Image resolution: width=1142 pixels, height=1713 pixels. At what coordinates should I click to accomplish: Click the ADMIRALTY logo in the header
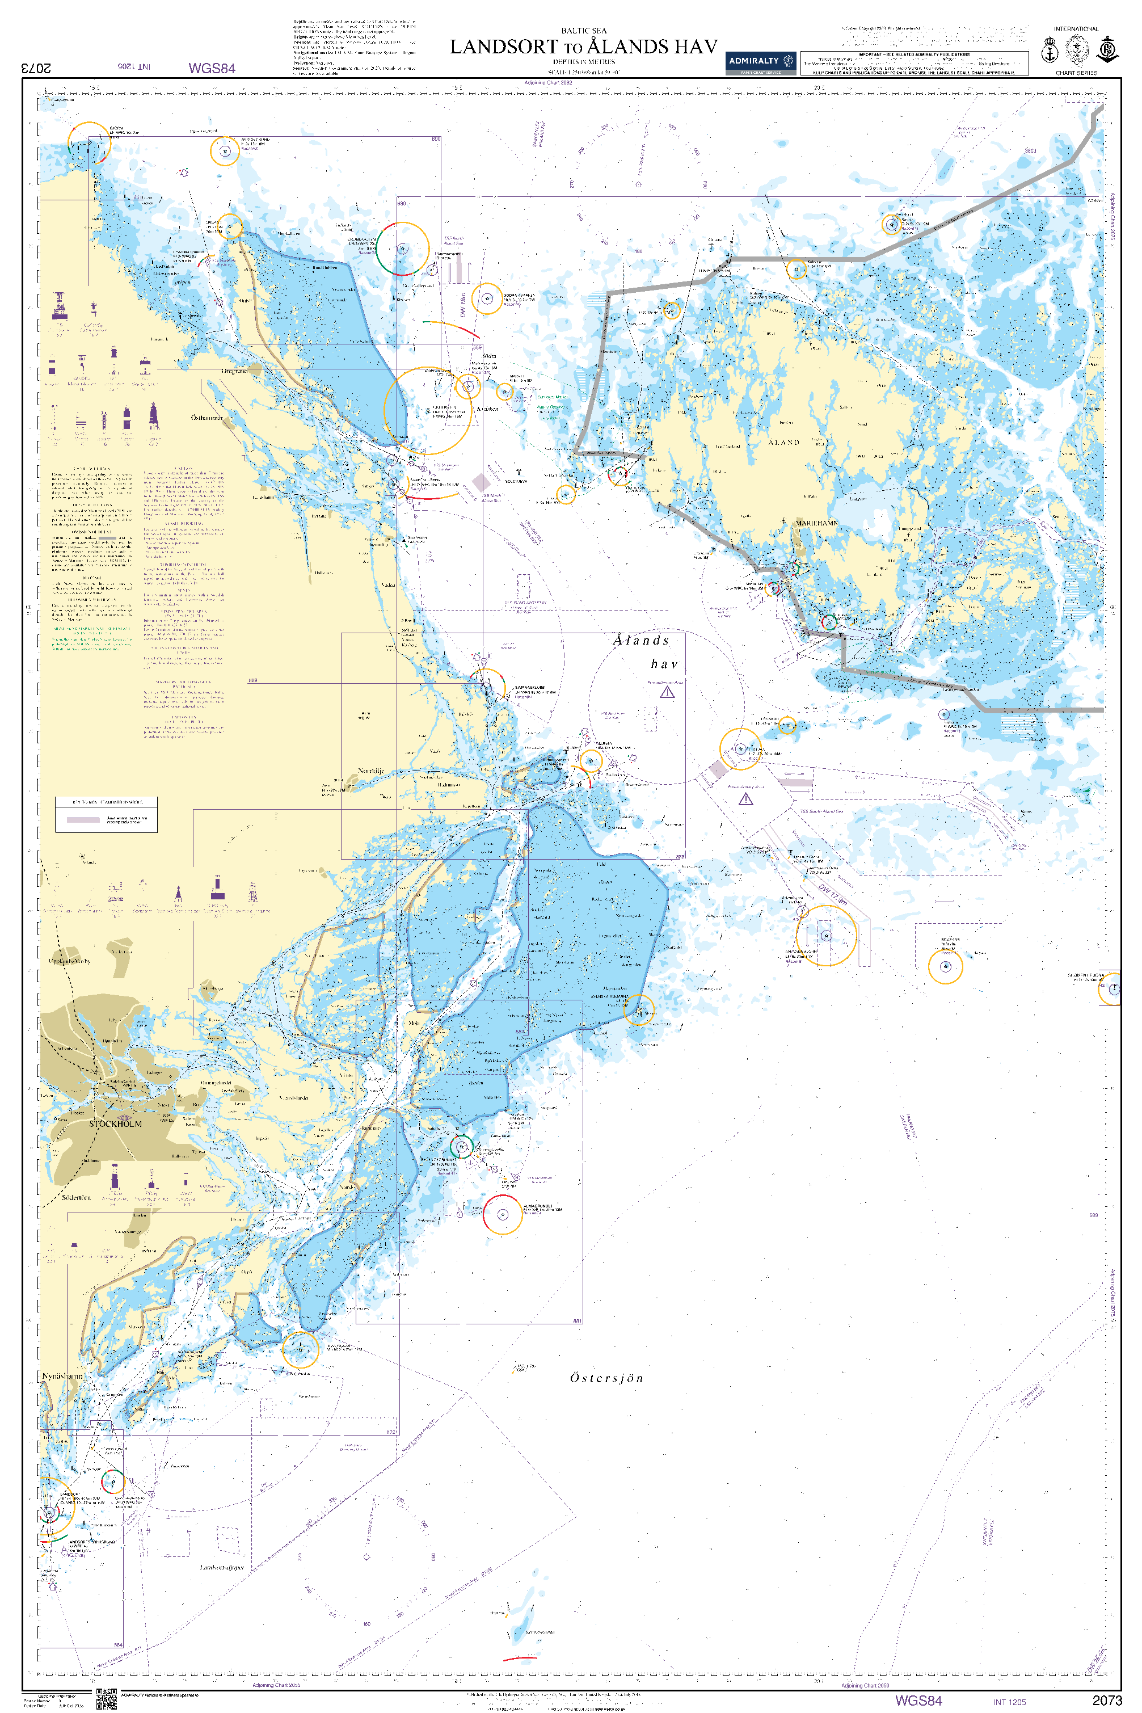click(x=760, y=62)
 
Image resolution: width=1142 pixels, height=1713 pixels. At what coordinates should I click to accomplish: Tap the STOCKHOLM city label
click(x=116, y=1124)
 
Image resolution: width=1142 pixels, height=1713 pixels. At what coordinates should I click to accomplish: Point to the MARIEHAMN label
click(x=816, y=523)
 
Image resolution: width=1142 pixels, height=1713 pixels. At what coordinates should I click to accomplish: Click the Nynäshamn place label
click(x=62, y=1376)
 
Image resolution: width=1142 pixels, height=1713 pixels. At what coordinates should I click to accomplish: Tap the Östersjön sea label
click(x=606, y=1378)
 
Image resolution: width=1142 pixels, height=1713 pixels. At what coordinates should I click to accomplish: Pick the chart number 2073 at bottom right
click(x=1106, y=1701)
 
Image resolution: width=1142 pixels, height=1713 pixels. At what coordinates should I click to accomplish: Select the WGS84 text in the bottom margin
click(x=918, y=1701)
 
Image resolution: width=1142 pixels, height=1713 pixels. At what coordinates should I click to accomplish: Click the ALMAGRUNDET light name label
click(x=537, y=1206)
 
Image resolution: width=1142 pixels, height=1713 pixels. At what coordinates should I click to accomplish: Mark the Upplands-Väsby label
click(x=70, y=961)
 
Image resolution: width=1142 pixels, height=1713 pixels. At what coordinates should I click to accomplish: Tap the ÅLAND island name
click(x=783, y=442)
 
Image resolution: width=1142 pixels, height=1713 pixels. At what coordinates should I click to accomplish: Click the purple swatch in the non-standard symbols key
click(x=83, y=819)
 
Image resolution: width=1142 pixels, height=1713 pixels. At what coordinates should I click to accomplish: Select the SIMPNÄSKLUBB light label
click(x=529, y=688)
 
